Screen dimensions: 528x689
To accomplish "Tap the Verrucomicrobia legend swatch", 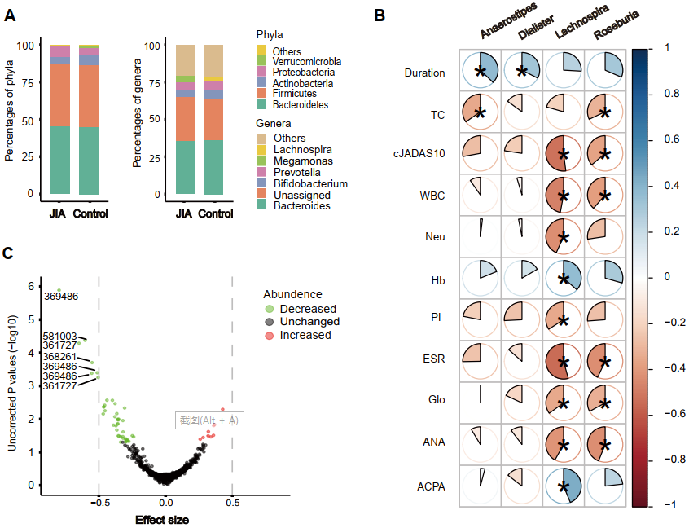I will pyautogui.click(x=261, y=62).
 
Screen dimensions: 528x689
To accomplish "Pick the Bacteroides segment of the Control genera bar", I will pyautogui.click(x=213, y=167).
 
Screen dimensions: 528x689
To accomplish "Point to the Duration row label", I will pyautogui.click(x=424, y=73).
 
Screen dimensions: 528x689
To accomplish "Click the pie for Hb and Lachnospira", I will pyautogui.click(x=563, y=279).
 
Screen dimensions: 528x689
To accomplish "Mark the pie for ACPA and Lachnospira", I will pyautogui.click(x=563, y=486).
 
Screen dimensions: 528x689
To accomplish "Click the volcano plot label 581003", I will pyautogui.click(x=59, y=337).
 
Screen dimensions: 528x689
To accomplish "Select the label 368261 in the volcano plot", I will pyautogui.click(x=59, y=356).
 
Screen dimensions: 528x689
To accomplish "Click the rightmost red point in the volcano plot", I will pyautogui.click(x=222, y=409).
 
